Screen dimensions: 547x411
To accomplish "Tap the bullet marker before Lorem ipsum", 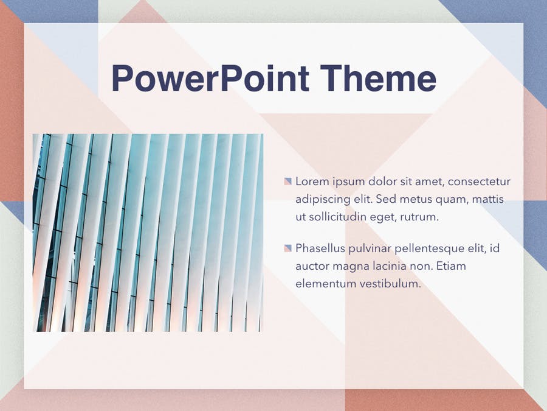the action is (288, 181).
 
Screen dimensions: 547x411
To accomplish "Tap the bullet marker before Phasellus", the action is (288, 248).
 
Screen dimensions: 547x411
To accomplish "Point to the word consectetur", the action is (479, 181).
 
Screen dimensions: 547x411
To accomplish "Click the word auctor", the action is (312, 266).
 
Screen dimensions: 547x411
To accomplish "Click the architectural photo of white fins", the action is (148, 233).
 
